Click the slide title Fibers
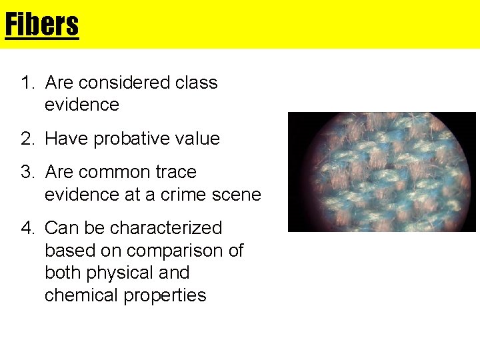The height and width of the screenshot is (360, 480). (x=41, y=25)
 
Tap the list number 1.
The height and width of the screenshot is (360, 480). (x=27, y=83)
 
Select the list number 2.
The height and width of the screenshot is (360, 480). (x=27, y=139)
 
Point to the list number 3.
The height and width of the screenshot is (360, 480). (x=27, y=172)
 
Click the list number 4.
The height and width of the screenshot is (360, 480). (x=27, y=228)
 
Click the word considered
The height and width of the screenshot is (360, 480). (x=116, y=83)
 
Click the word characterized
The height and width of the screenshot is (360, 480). (x=166, y=228)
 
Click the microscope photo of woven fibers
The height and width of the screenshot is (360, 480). (x=381, y=172)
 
